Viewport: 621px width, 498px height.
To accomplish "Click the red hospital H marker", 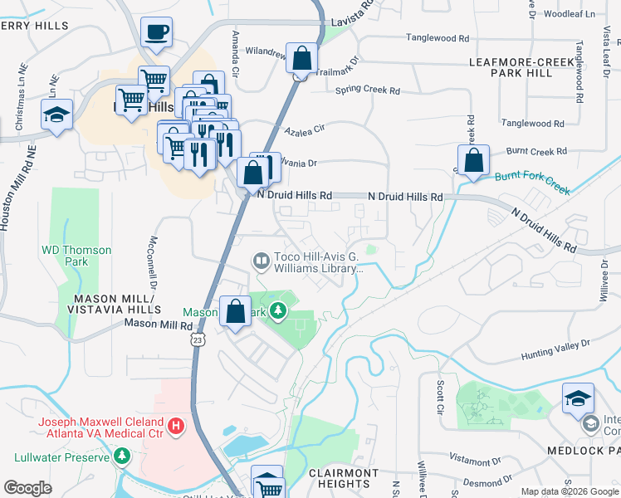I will click(x=175, y=427).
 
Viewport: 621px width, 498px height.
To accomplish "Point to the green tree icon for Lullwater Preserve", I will click(x=122, y=456).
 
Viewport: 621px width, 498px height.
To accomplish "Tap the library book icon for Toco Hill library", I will click(x=261, y=262).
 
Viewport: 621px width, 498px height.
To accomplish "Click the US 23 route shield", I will click(x=197, y=340).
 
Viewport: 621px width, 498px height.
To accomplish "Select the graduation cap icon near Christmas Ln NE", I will click(x=56, y=115).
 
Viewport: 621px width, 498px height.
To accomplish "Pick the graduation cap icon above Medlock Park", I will click(x=578, y=399).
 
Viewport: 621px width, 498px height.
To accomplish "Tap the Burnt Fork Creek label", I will click(x=532, y=183).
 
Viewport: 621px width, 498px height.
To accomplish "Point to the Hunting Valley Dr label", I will click(x=555, y=349).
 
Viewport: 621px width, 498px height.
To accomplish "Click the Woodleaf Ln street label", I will click(x=570, y=14).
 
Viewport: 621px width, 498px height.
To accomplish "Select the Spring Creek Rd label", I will click(x=367, y=90).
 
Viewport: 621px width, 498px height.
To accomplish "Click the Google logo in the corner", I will click(x=28, y=487).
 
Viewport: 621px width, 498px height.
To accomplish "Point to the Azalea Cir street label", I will click(x=303, y=130).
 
